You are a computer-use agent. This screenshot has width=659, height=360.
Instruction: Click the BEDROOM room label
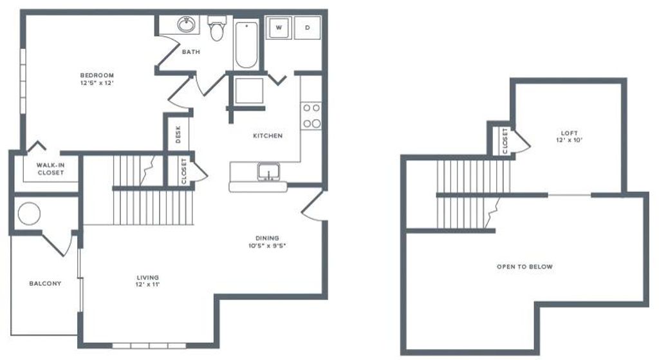click(97, 75)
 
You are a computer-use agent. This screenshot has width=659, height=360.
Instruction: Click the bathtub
click(246, 45)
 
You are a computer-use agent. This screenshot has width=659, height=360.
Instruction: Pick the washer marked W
click(279, 27)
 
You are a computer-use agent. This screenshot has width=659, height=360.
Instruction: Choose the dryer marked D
click(307, 27)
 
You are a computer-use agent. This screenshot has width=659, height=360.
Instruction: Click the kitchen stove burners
click(311, 115)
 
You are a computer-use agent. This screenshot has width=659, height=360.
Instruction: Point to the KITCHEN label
click(267, 136)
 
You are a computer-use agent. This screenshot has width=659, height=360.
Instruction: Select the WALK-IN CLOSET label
click(50, 169)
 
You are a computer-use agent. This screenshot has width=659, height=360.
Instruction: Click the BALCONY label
click(45, 283)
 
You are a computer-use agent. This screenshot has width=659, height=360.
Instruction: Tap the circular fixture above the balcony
click(29, 214)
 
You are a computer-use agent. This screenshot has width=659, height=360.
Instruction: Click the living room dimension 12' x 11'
click(147, 285)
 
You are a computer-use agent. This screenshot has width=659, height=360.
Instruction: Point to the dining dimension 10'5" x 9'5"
click(266, 245)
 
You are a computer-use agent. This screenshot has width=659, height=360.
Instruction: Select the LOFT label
click(570, 133)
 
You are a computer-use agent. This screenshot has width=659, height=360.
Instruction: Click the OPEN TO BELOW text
click(524, 267)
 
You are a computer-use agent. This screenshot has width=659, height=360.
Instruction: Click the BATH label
click(190, 52)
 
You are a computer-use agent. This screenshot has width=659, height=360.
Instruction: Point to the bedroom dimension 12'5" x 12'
click(97, 82)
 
